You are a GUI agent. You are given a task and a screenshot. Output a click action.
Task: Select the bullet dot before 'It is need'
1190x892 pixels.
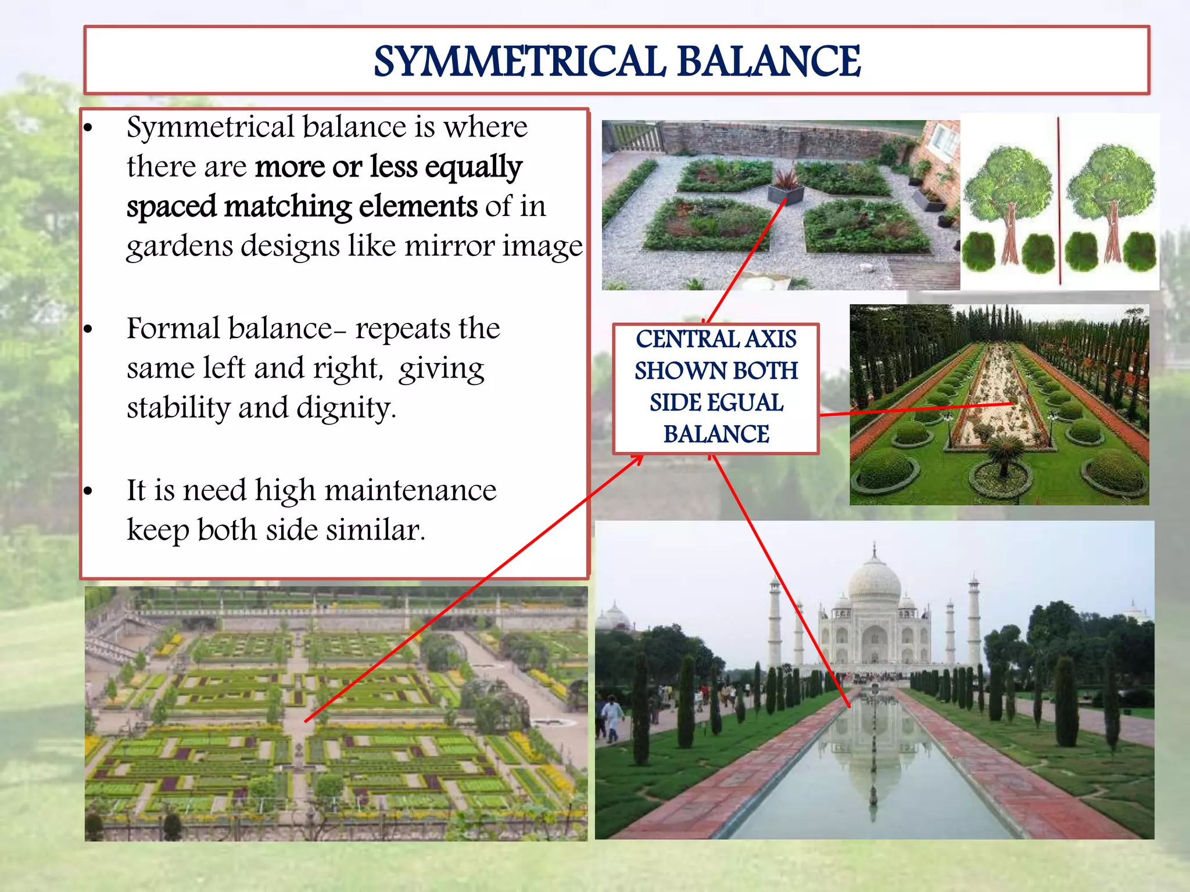[88, 492]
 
